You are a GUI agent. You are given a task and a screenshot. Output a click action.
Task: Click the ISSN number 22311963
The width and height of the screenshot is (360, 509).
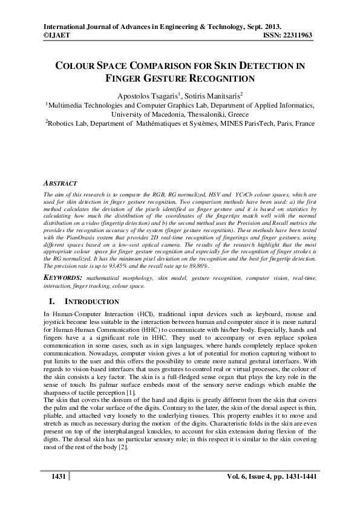coord(296,36)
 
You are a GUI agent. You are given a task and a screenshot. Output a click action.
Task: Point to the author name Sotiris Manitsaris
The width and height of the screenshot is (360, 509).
coord(214,95)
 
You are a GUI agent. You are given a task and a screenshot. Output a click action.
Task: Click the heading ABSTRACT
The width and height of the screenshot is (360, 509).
coord(62,182)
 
